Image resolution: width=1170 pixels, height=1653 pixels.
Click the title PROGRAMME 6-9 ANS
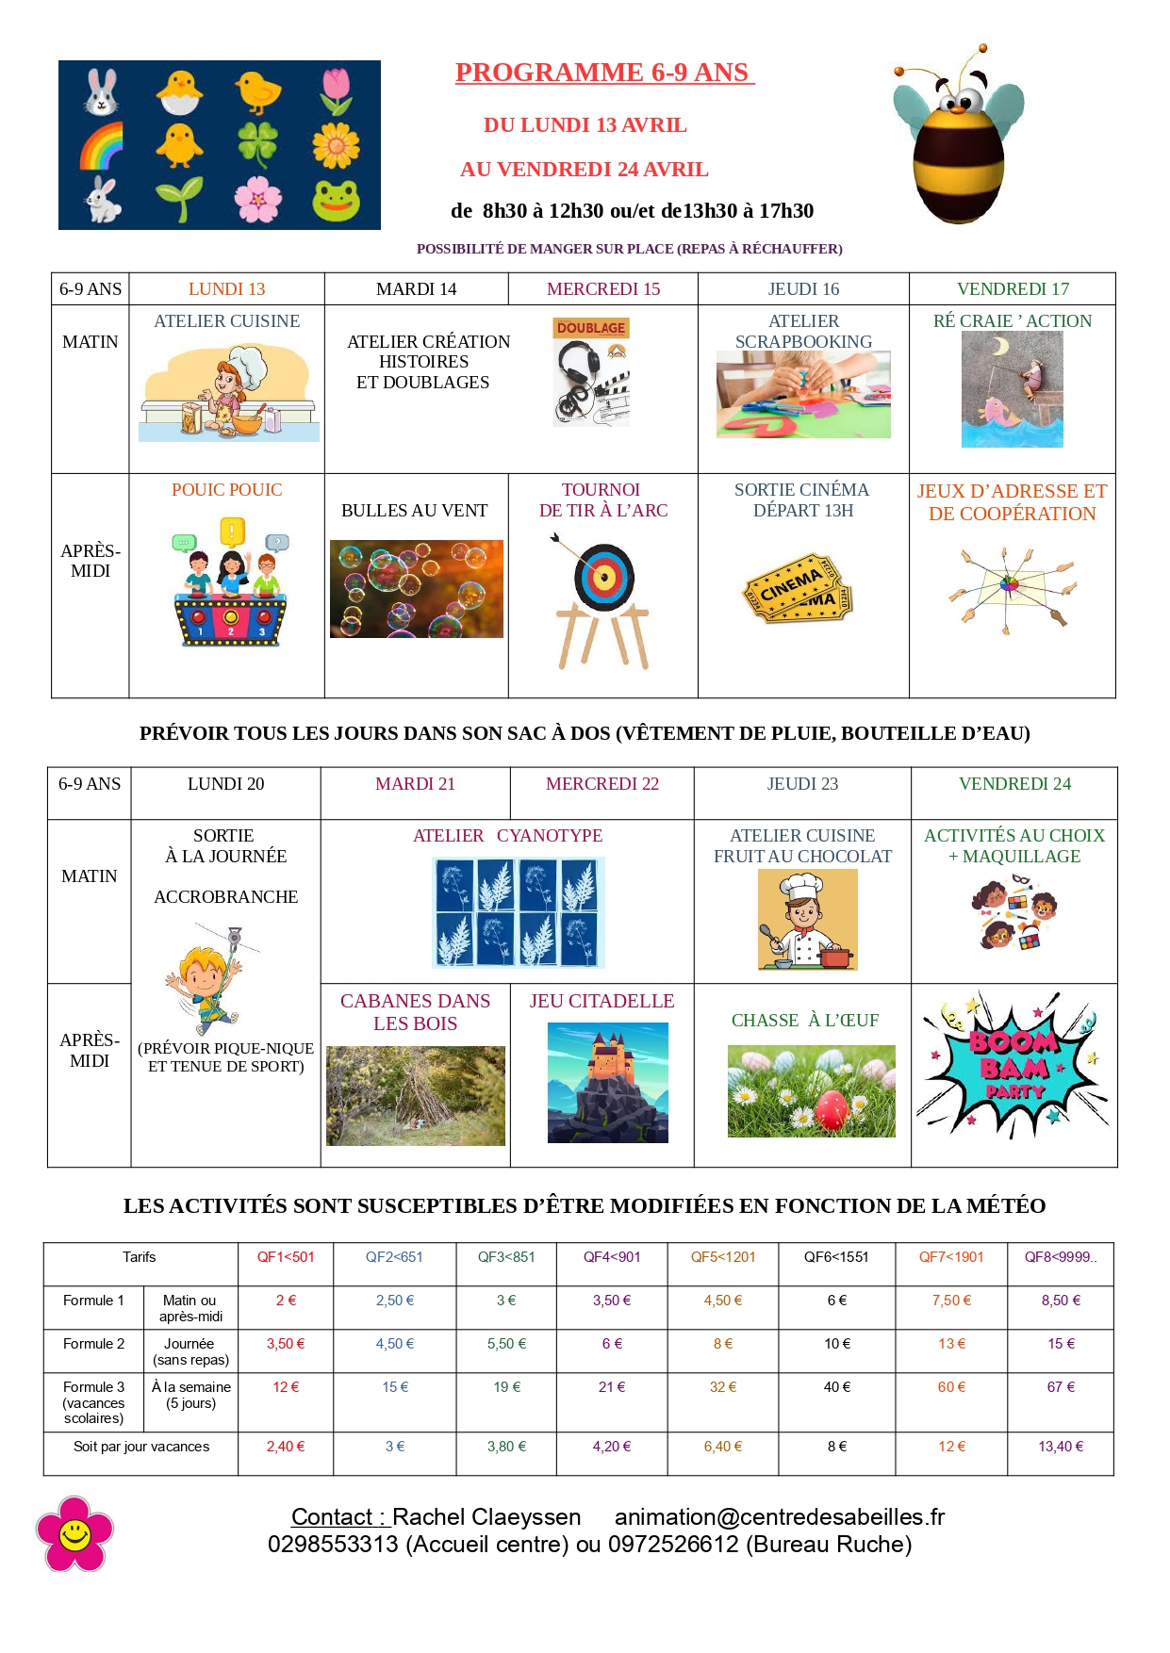tap(603, 73)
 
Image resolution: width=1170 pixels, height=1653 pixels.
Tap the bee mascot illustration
tap(958, 138)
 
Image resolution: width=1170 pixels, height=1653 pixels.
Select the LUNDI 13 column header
tap(226, 289)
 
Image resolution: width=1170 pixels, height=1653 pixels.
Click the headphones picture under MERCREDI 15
tap(591, 372)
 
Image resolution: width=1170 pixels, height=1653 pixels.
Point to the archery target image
tap(603, 577)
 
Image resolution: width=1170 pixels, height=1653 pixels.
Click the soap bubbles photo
tap(416, 589)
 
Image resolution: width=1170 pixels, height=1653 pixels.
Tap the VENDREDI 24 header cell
tap(1014, 784)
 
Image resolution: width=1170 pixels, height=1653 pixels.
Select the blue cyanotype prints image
tap(518, 912)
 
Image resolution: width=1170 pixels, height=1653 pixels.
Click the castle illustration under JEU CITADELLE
tap(608, 1082)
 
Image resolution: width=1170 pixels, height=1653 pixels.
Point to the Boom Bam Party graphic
tap(1013, 1066)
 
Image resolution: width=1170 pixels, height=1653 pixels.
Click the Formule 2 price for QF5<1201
tap(723, 1344)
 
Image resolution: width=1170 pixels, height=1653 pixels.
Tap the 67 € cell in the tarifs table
tap(1061, 1387)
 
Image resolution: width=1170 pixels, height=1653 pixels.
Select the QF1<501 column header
tap(286, 1257)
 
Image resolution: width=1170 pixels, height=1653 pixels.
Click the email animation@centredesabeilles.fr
tap(779, 1517)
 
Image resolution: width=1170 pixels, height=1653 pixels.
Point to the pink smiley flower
tap(74, 1533)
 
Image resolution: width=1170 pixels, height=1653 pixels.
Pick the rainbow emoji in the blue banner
tap(101, 146)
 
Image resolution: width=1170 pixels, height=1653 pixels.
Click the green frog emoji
tap(337, 200)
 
